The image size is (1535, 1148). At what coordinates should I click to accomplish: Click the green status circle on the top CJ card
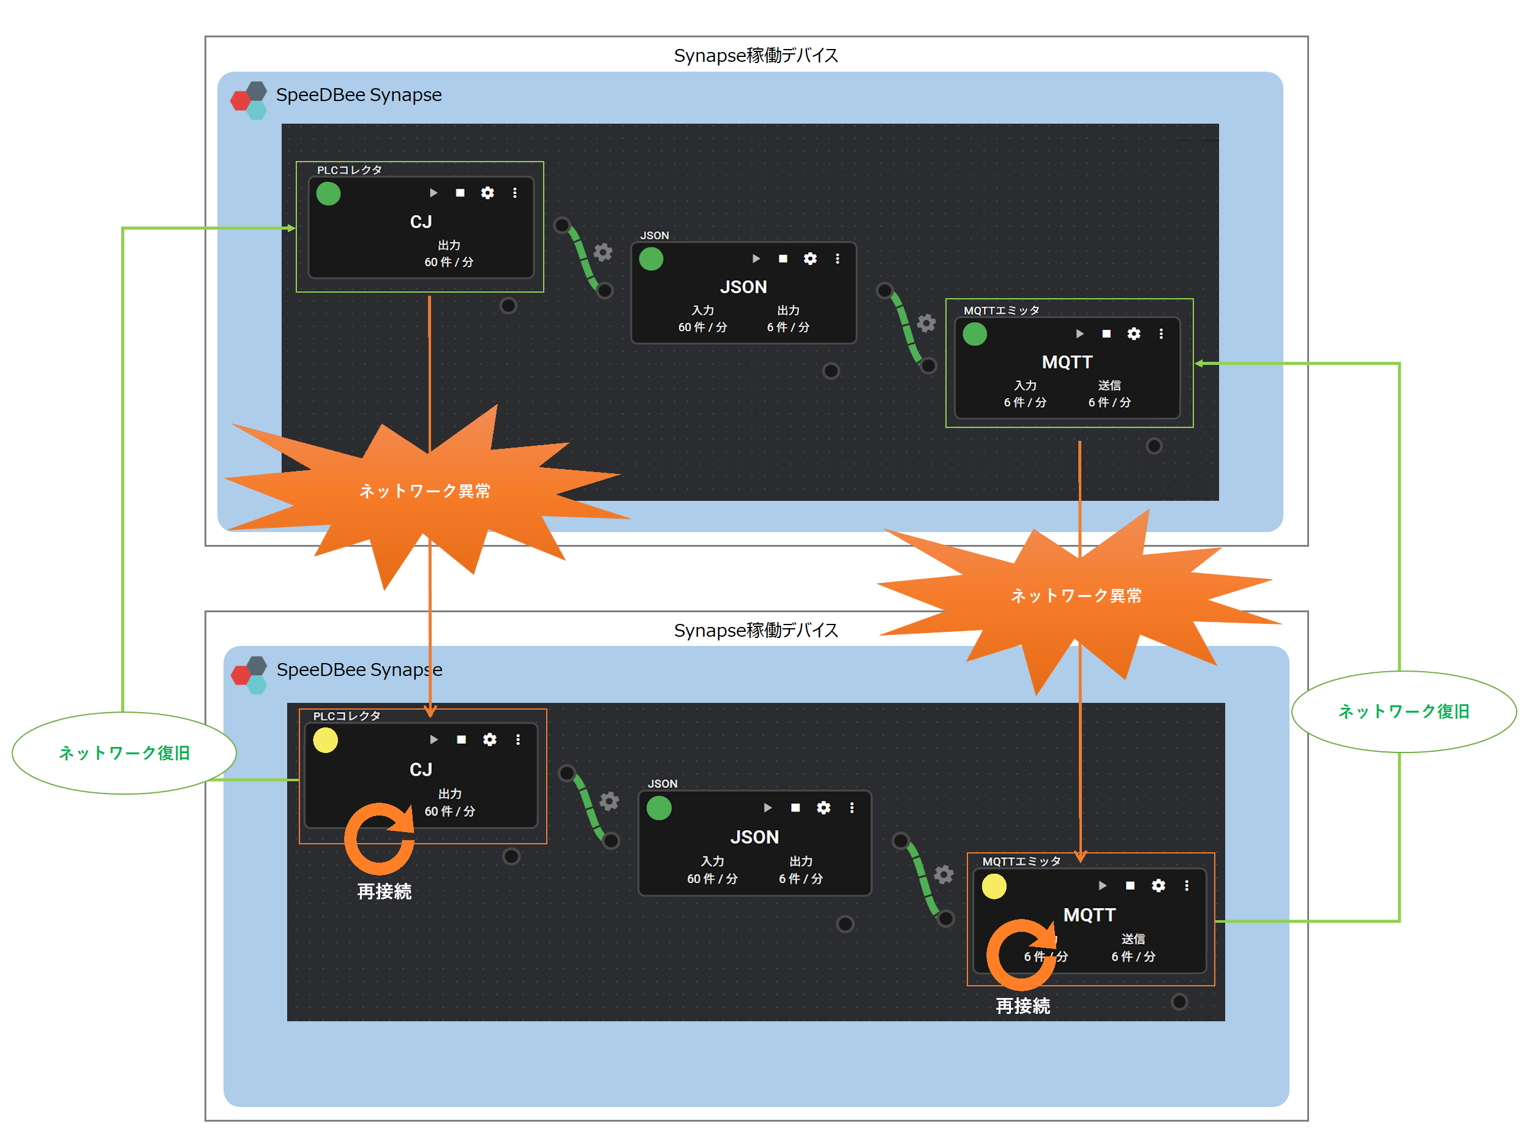(328, 193)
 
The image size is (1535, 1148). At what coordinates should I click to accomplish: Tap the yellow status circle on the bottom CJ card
(326, 740)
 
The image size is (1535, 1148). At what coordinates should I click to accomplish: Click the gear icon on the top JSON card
(810, 258)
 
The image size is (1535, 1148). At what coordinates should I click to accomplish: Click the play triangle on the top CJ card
(433, 192)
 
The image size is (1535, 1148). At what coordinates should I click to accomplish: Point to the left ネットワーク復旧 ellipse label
(124, 752)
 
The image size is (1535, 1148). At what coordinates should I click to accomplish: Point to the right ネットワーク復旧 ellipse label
(1404, 711)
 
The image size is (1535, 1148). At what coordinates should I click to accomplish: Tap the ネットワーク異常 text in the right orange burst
(1076, 595)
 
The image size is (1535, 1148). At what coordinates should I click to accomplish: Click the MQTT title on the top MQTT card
(1067, 362)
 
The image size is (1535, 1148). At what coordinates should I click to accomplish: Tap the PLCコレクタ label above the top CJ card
(349, 170)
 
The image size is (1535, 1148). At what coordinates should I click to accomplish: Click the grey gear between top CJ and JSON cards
(602, 252)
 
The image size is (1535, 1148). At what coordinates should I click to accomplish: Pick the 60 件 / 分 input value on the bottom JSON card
(712, 878)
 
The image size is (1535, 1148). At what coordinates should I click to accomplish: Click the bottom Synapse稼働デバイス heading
(756, 629)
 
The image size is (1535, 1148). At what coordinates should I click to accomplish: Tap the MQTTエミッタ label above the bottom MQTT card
(1021, 861)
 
